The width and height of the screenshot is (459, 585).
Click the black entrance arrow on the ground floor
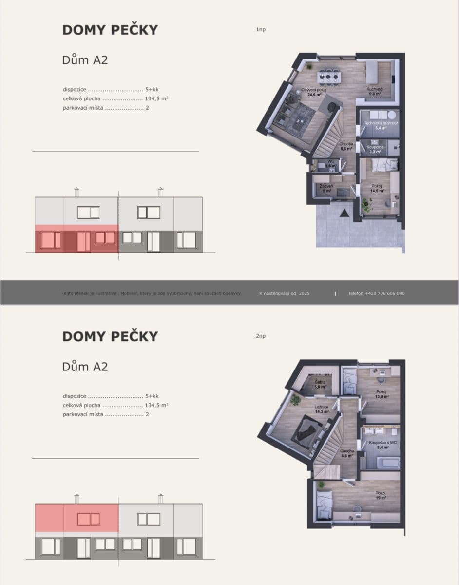click(x=344, y=212)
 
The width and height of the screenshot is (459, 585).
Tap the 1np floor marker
click(x=261, y=30)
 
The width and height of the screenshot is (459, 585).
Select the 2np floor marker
click(x=261, y=336)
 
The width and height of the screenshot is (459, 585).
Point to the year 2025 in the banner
click(x=305, y=293)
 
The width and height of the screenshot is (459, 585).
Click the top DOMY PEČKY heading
click(x=110, y=30)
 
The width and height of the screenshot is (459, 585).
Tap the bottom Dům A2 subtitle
click(x=85, y=367)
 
